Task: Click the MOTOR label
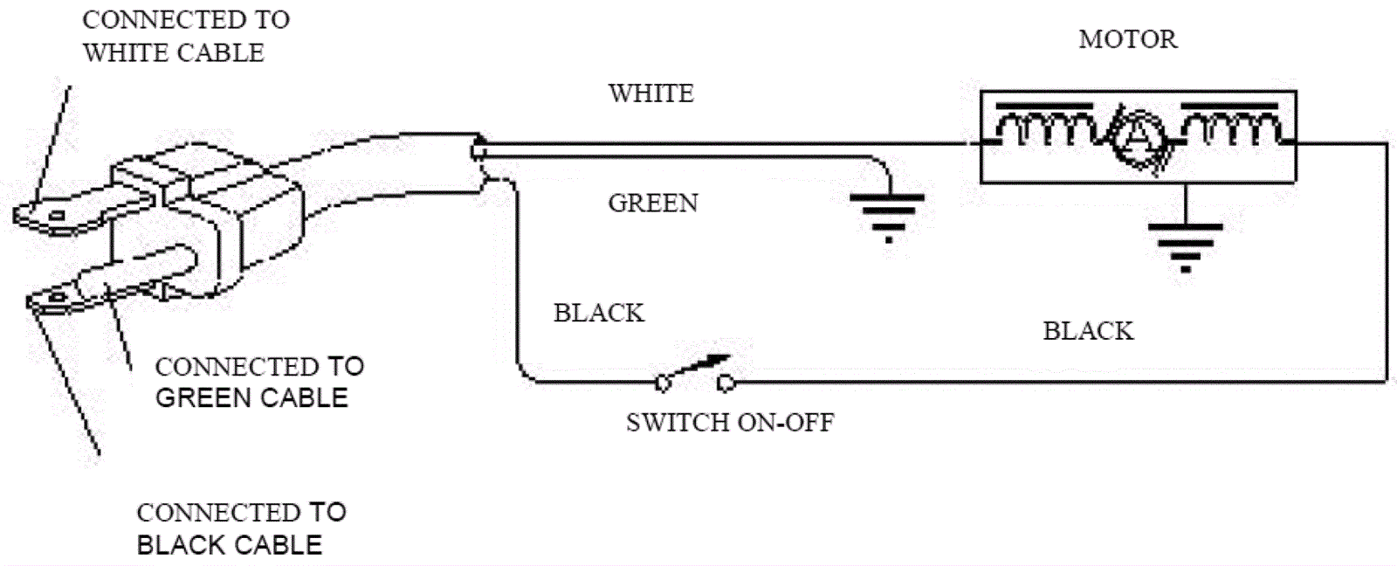[x=1127, y=39]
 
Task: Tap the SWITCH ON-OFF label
[x=730, y=423]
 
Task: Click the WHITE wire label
[x=651, y=93]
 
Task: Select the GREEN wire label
[x=653, y=204]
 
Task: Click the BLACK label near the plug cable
[x=599, y=313]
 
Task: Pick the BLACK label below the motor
[x=1088, y=331]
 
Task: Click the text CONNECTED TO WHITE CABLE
[x=185, y=36]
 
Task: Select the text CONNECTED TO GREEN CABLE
[x=259, y=382]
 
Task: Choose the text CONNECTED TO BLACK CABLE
[x=241, y=528]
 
